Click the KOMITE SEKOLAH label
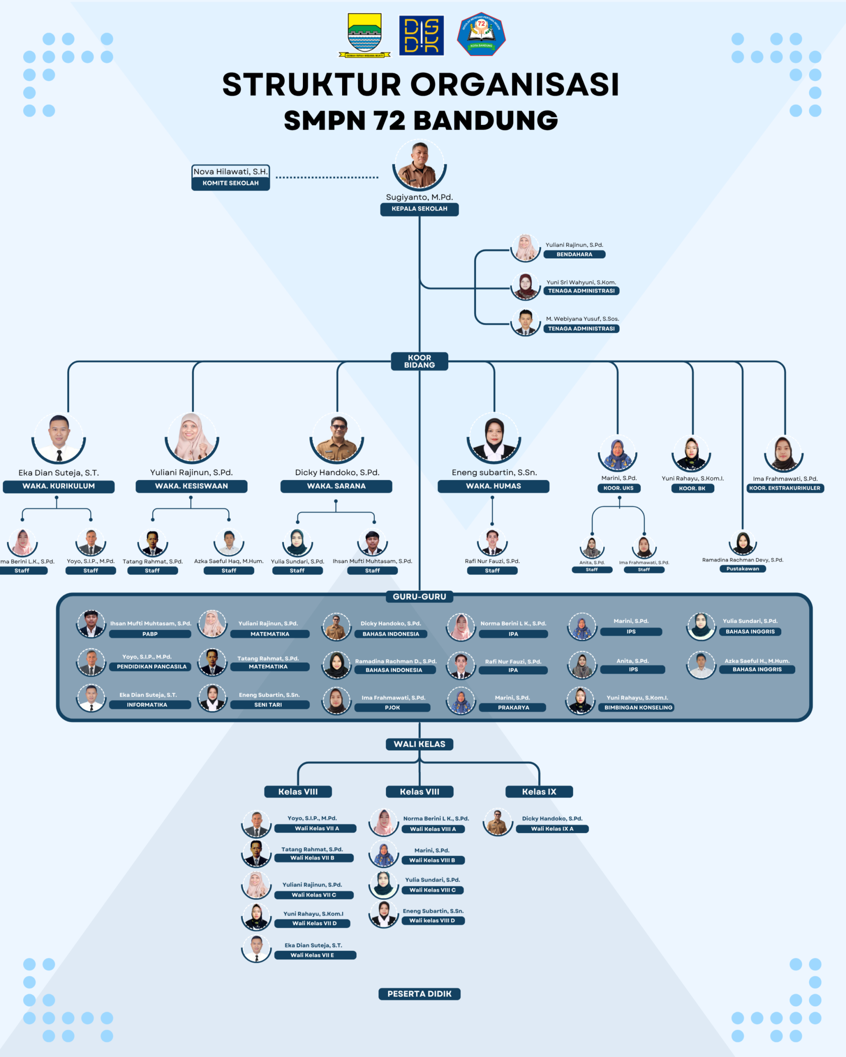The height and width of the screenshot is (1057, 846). tap(231, 183)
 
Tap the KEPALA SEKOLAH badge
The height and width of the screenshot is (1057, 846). tap(419, 209)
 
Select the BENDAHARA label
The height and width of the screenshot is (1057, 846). tap(574, 254)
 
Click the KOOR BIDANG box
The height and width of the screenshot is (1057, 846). tap(419, 361)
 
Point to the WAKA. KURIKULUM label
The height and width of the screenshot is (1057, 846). tap(58, 486)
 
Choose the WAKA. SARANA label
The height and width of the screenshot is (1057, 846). tap(336, 486)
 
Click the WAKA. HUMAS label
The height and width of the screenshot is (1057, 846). tap(493, 486)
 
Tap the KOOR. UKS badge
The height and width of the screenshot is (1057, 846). tap(618, 488)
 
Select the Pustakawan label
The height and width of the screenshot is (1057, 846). tap(742, 569)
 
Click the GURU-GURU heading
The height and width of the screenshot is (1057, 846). tap(419, 597)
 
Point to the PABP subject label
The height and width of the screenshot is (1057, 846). tap(150, 634)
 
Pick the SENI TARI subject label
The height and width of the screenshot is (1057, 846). tap(268, 704)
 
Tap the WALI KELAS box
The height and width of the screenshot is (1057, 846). tap(419, 744)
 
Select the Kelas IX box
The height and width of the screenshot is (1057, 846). tap(539, 792)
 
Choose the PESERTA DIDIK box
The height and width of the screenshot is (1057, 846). tap(419, 994)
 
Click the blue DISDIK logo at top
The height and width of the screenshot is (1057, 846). tap(421, 35)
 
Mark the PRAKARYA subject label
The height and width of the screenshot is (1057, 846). tap(513, 707)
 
